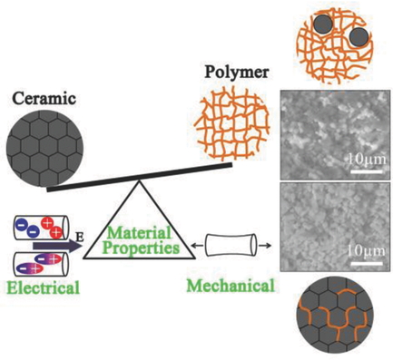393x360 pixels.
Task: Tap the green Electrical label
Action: pos(40,289)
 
